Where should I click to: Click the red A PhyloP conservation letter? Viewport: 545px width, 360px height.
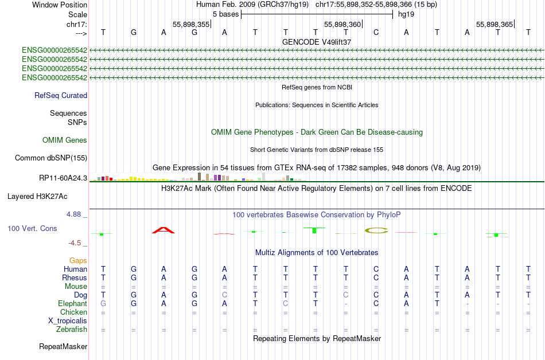pos(163,230)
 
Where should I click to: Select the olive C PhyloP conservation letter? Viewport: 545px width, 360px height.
pos(376,230)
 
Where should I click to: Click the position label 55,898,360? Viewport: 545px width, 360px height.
pos(342,24)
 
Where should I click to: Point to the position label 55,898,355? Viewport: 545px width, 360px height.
pos(191,24)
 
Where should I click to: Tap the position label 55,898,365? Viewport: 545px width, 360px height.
pos(495,24)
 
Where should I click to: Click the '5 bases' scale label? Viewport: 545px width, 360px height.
pos(226,14)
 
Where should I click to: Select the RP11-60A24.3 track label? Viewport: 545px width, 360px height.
pos(63,178)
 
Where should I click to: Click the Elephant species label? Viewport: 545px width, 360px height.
pos(73,303)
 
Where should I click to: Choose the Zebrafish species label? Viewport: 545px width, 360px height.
pos(72,329)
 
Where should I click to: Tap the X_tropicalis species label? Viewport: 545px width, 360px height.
pos(68,321)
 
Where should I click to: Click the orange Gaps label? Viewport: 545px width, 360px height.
pos(78,260)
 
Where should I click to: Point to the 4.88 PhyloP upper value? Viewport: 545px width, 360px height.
pos(73,214)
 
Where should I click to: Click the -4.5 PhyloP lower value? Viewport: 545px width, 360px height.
pos(75,242)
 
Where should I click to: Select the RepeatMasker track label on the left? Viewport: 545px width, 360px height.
pos(63,346)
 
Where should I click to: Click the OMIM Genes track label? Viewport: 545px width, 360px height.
pos(65,140)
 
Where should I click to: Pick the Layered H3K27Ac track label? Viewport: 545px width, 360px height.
pos(37,197)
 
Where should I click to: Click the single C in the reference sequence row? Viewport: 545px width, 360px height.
pos(376,33)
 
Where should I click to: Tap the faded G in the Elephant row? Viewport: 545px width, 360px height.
pos(103,303)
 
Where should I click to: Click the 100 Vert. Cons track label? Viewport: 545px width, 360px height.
pos(32,228)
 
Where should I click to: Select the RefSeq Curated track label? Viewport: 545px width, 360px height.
pos(61,96)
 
